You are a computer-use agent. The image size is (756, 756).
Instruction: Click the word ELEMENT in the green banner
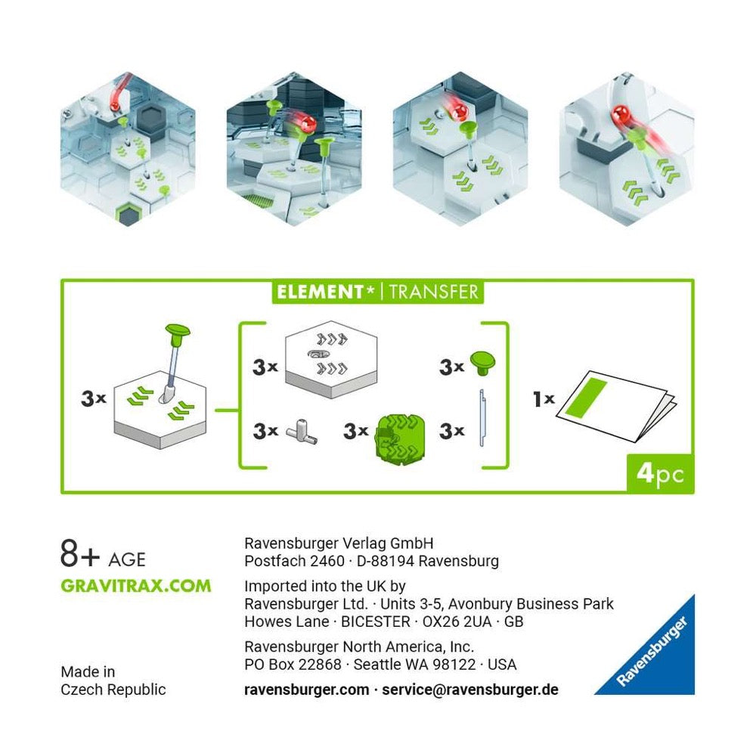click(320, 292)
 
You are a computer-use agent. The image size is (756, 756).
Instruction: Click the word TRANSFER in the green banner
click(433, 292)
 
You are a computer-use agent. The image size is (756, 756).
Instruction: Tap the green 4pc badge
click(660, 473)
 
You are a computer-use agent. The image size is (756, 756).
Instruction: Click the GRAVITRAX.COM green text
click(136, 586)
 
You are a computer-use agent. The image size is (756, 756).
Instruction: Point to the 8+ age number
click(79, 553)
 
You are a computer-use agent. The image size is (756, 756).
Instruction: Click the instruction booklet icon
click(615, 406)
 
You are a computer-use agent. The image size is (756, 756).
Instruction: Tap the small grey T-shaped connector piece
click(302, 432)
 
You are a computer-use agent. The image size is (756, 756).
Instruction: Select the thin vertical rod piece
click(482, 417)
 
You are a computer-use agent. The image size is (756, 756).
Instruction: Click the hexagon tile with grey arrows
click(331, 358)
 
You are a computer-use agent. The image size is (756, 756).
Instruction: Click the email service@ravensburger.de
click(470, 690)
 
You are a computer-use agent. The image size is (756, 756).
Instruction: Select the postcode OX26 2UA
click(457, 621)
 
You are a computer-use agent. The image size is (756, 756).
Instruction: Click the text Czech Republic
click(113, 690)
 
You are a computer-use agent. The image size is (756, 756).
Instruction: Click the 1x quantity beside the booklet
click(544, 398)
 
